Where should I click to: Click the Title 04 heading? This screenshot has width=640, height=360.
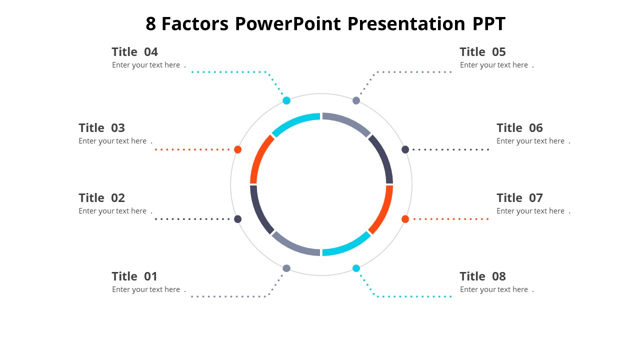click(134, 52)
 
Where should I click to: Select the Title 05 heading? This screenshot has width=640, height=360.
click(482, 52)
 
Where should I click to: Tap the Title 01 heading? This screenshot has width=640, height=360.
click(134, 276)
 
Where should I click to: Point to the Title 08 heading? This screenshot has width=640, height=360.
click(482, 276)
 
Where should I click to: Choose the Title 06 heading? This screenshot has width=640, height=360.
click(519, 128)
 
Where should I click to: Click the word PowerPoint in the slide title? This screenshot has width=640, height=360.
click(288, 24)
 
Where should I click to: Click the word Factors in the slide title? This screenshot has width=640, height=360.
click(195, 24)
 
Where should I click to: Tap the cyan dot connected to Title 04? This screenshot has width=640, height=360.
click(286, 100)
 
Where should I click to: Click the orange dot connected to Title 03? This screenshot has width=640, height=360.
click(238, 149)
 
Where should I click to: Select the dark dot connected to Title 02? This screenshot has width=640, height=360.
click(238, 219)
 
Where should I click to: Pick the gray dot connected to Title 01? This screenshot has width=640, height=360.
click(286, 268)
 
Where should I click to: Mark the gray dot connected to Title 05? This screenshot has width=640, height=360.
click(356, 100)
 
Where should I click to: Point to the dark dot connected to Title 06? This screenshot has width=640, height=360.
click(405, 149)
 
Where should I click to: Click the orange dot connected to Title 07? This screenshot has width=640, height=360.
click(405, 219)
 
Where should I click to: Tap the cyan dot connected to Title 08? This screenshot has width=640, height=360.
click(356, 268)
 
